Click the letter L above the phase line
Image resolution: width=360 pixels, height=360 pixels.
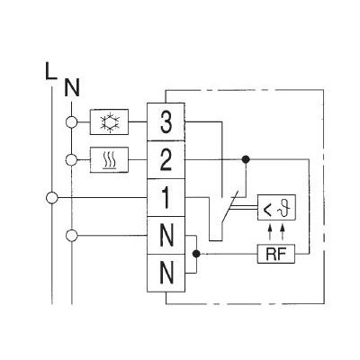coord(50,71)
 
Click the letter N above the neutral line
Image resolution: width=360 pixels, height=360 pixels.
coord(72,87)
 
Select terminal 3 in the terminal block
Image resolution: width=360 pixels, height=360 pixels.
coord(166,121)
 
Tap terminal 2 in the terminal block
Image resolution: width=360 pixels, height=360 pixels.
coord(166,159)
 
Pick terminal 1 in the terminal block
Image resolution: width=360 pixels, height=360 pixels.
coord(166,197)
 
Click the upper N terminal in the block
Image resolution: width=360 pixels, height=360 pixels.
coord(166,236)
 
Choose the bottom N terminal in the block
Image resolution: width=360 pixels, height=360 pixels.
coord(166,273)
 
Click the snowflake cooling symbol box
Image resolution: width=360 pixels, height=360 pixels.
coord(109,121)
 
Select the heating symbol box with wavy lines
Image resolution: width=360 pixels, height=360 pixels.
coord(109,159)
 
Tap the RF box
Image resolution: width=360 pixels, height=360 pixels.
coord(276,254)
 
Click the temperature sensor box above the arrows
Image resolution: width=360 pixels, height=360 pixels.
coord(276,207)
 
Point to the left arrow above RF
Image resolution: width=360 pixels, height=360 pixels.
coord(270,233)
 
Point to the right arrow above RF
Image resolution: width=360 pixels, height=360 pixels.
coord(283,233)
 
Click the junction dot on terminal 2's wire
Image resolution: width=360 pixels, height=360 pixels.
coord(246,159)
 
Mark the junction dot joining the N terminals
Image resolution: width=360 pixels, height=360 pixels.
coord(196,254)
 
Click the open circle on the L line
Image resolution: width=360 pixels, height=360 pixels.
coord(52,198)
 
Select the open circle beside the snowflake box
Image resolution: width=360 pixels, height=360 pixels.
coord(71,122)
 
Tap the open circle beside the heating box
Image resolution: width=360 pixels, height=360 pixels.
coord(71,160)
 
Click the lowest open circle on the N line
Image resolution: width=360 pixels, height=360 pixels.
coord(71,236)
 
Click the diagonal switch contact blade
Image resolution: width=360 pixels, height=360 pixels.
coord(230,206)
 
